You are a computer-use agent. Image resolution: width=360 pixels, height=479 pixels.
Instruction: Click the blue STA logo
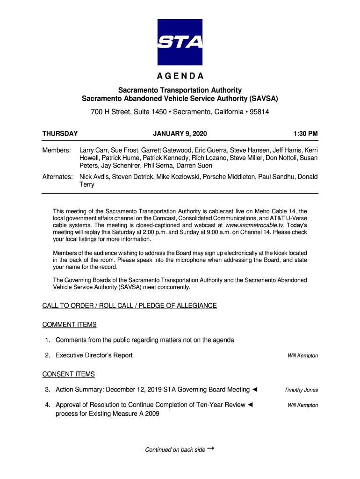[x=180, y=42]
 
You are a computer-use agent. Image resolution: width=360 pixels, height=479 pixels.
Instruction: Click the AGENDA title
[x=180, y=77]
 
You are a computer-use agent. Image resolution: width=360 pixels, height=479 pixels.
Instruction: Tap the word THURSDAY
[x=60, y=134]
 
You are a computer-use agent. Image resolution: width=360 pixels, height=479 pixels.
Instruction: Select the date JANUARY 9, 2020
[x=180, y=134]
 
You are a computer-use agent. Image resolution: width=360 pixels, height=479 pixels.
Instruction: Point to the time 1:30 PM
[x=306, y=134]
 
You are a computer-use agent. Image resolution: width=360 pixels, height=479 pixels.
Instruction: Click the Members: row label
[x=57, y=150]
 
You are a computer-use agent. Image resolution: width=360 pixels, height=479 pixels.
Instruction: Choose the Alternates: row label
[x=58, y=177]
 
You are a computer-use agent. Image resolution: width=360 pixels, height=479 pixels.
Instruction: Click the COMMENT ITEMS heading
[x=69, y=325]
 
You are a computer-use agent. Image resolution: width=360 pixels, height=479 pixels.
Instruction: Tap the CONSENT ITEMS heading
[x=68, y=374]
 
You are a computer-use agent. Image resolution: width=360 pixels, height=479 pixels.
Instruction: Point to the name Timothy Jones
[x=302, y=390]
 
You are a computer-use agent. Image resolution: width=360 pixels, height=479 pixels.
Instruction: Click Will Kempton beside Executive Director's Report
[x=302, y=356]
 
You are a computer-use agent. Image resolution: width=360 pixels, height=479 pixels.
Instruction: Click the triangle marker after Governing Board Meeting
[x=255, y=390]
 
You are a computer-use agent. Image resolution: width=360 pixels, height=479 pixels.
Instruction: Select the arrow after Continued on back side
[x=211, y=449]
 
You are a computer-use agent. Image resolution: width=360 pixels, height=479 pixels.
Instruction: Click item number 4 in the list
[x=48, y=405]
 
